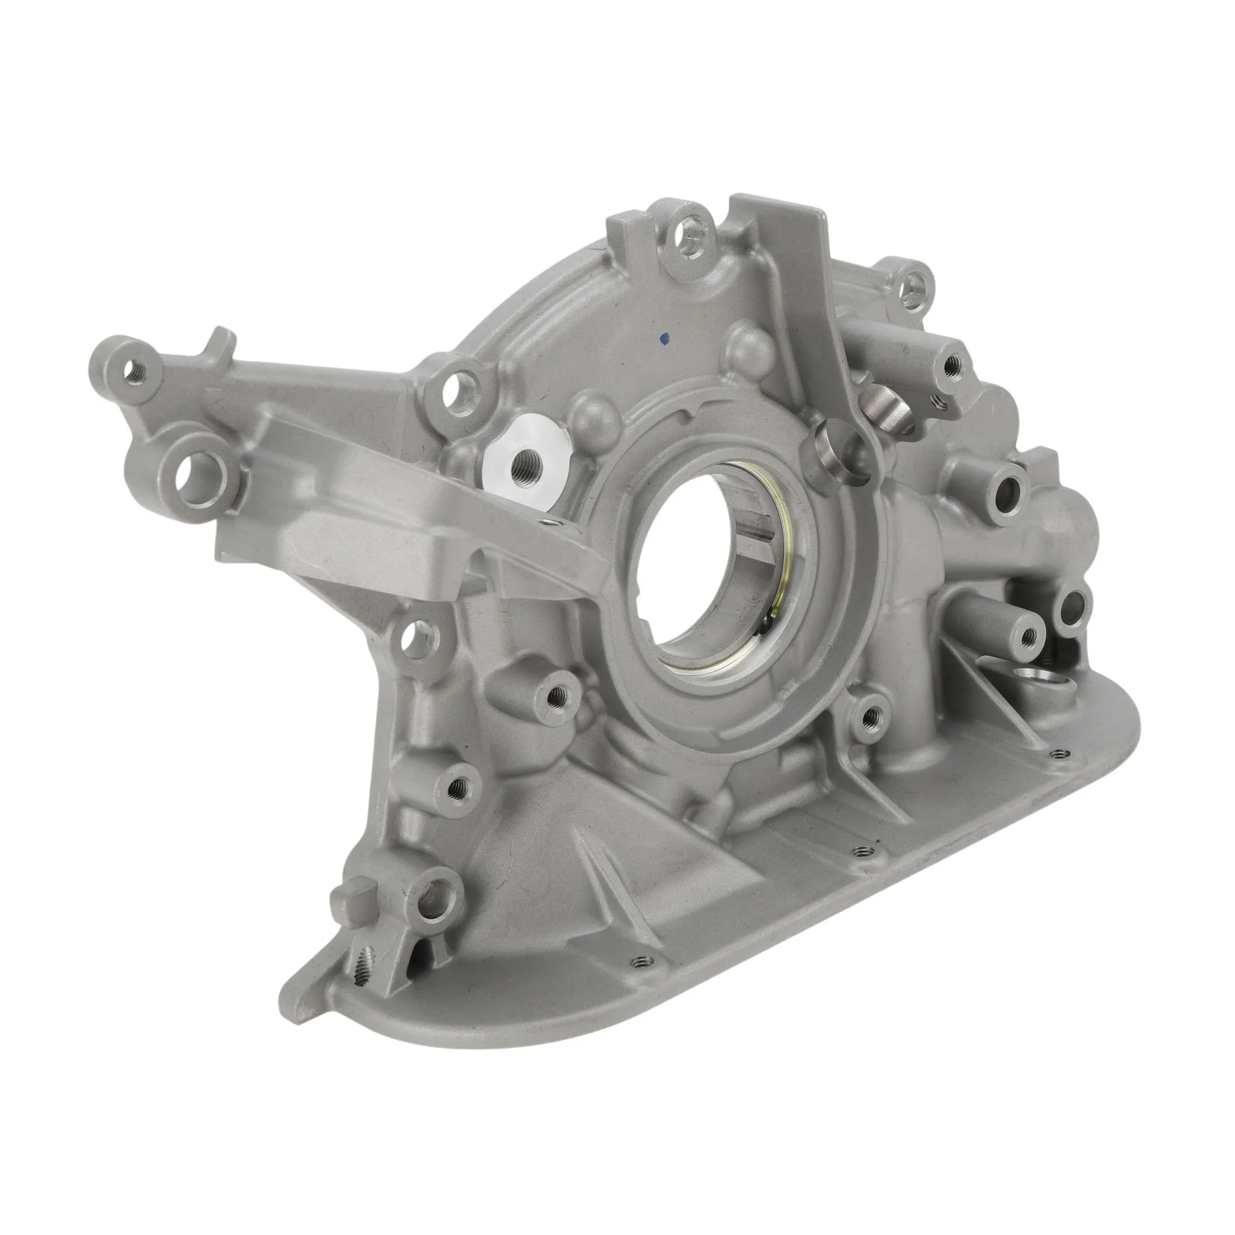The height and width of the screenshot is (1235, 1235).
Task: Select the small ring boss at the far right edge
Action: [1076, 604]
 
